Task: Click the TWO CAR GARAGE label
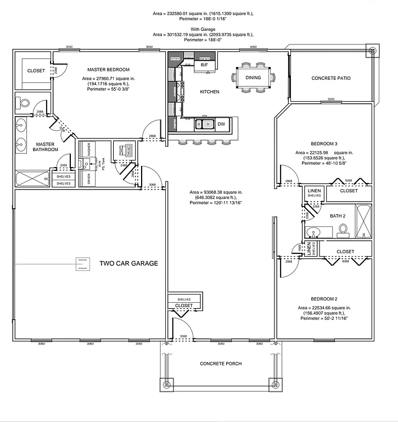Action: pos(128,264)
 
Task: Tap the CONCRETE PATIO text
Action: pos(330,79)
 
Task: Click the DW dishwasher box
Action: pos(221,125)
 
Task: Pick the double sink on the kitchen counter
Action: pos(204,125)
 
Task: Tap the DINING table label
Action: pos(253,78)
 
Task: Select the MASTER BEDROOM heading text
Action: pos(109,70)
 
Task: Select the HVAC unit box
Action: pos(121,150)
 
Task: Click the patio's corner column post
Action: pos(373,52)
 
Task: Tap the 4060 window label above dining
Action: pos(253,48)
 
